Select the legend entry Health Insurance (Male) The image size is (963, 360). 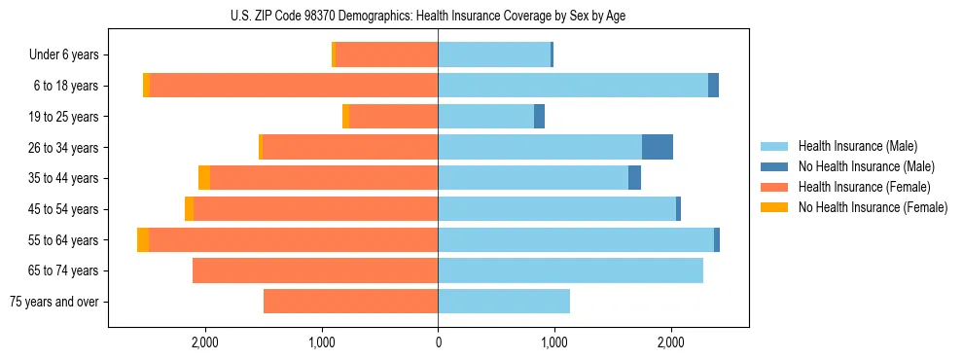(x=857, y=146)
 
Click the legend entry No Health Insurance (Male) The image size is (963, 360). (x=866, y=166)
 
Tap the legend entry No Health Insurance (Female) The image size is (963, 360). (x=873, y=207)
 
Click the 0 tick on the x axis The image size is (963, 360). (x=438, y=342)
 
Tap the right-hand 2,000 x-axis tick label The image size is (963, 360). (x=670, y=342)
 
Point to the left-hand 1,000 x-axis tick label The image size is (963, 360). (x=322, y=342)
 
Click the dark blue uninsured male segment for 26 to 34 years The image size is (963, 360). (x=658, y=147)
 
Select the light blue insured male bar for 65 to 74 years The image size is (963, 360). (x=570, y=270)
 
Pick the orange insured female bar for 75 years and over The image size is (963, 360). (x=351, y=302)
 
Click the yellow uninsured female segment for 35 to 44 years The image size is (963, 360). (x=204, y=178)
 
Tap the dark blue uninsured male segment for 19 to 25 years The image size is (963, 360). (x=540, y=117)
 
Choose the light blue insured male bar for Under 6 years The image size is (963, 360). (x=494, y=55)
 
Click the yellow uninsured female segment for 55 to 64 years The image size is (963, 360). (x=143, y=240)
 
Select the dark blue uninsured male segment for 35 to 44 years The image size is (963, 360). (x=634, y=178)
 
